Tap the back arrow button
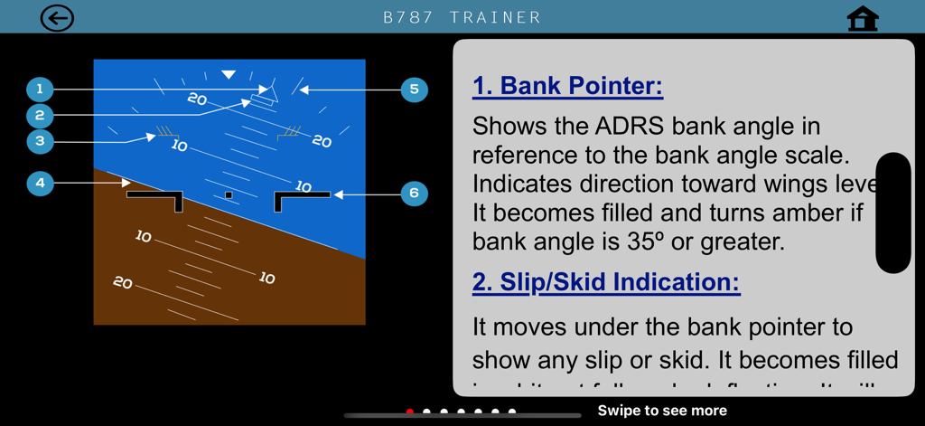[57, 18]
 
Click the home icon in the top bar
[863, 19]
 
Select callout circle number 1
[40, 89]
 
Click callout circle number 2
[40, 115]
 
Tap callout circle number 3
[40, 141]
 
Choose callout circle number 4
[40, 183]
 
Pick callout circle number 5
[414, 89]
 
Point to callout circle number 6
[414, 193]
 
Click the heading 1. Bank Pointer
[567, 86]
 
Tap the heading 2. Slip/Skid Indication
[605, 282]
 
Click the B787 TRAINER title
[462, 18]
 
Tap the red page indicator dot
[410, 412]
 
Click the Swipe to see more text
[662, 411]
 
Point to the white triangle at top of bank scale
[229, 75]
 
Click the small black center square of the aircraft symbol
[229, 194]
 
